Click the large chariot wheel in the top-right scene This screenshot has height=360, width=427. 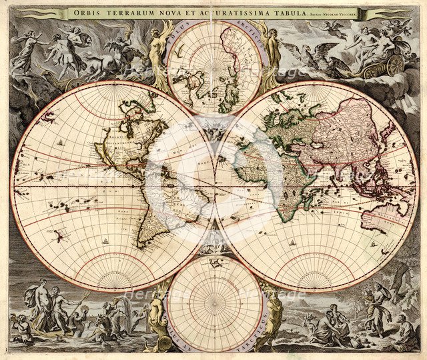tap(394, 65)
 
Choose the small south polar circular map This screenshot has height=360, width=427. tap(213, 303)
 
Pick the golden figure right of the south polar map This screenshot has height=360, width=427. tap(273, 313)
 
